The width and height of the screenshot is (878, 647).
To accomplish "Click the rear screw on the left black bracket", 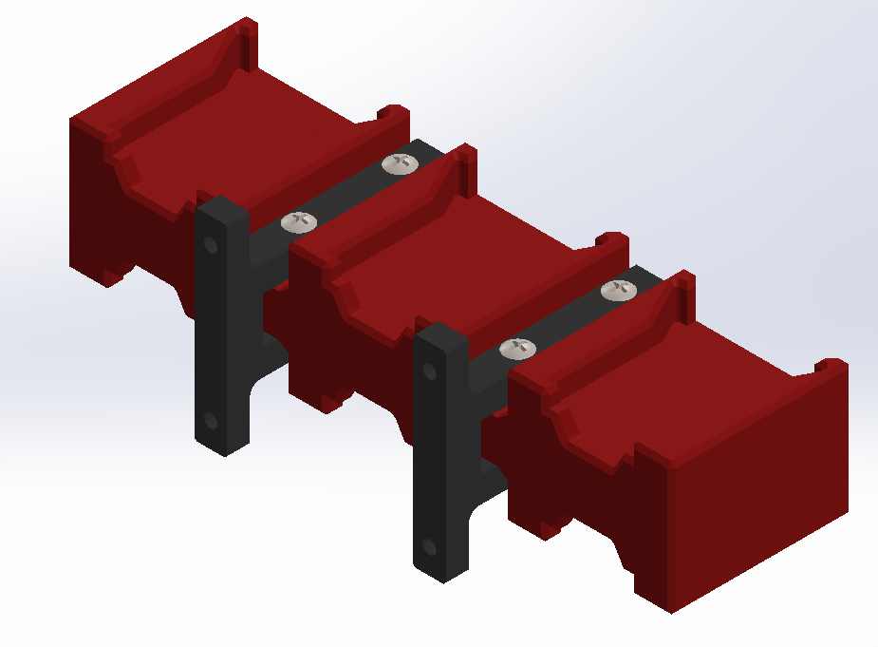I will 400,163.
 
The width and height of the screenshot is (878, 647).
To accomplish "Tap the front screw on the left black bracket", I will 299,221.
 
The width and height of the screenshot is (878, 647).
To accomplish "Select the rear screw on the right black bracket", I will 620,290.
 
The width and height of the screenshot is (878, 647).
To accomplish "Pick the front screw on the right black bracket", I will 517,349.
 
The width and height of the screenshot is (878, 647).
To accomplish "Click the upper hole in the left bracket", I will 211,245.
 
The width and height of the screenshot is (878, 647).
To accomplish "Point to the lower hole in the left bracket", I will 210,420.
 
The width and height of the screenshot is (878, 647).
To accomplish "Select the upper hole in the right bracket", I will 430,370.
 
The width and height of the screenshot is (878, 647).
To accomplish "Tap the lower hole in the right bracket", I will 429,547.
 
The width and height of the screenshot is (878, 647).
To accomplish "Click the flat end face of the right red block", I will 759,494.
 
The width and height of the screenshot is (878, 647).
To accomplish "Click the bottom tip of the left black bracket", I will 224,449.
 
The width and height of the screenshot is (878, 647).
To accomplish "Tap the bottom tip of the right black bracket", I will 442,575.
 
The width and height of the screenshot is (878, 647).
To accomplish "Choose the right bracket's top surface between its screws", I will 570,319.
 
